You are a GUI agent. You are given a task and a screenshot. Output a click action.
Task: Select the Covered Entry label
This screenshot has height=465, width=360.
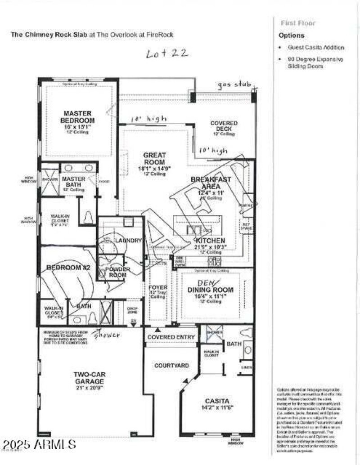point(171,337)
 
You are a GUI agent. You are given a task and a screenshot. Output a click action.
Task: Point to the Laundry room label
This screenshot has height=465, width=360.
point(128,241)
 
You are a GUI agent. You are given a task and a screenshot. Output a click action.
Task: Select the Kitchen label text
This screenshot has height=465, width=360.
point(210,241)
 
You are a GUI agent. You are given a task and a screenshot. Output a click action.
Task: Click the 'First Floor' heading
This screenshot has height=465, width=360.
point(298,23)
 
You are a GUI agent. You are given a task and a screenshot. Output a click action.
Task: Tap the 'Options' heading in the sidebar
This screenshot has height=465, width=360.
point(291,35)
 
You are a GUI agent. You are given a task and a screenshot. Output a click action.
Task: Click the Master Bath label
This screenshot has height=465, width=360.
point(73,182)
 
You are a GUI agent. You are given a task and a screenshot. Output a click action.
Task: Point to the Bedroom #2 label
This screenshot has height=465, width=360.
point(68,268)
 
